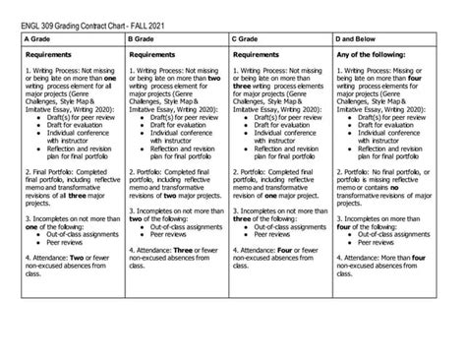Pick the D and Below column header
pyautogui.click(x=366, y=39)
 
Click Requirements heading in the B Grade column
pyautogui.click(x=160, y=55)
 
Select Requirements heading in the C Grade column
pyautogui.click(x=264, y=55)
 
